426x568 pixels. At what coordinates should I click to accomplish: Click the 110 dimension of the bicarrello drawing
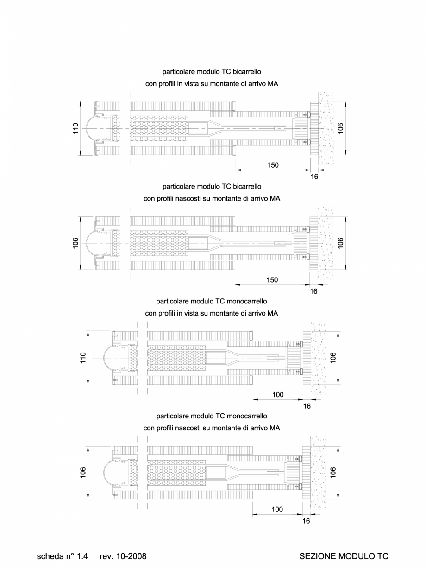75,128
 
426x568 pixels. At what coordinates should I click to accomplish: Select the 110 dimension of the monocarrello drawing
83,358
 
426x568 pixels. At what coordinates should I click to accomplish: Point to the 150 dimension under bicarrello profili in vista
272,165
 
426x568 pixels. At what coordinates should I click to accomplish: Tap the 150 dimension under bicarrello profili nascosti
272,280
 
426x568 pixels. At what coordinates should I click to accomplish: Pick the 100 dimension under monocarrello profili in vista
277,395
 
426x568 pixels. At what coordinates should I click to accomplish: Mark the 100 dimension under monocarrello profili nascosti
277,510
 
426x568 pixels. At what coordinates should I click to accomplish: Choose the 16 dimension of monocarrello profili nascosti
306,521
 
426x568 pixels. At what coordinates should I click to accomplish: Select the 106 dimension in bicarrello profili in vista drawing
341,128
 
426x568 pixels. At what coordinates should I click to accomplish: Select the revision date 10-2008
131,555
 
